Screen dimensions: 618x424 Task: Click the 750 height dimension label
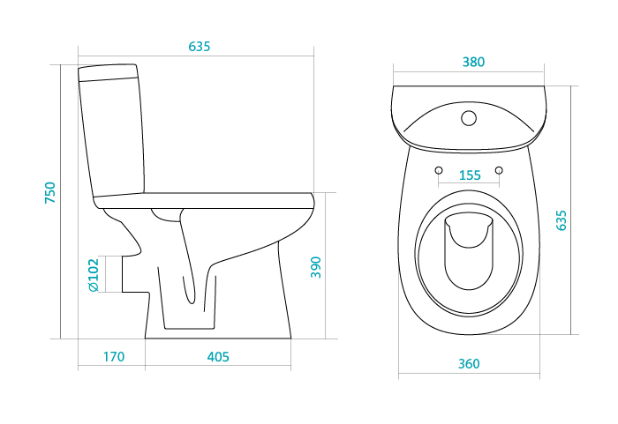50,192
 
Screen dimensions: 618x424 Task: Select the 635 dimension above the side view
199,47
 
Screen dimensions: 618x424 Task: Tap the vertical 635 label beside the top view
561,220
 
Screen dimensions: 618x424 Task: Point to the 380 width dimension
473,62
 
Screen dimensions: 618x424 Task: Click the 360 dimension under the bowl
469,363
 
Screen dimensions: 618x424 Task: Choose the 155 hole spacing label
470,175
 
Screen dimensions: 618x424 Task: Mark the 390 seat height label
316,267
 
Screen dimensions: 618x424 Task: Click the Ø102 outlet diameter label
94,275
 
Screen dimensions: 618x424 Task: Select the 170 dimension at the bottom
114,357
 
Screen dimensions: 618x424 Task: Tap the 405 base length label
218,357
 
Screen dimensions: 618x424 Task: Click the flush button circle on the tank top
469,118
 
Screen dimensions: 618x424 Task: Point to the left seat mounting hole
439,170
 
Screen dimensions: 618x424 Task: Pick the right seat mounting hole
499,170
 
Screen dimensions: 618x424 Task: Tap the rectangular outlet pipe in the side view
135,274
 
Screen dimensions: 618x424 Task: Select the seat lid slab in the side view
204,201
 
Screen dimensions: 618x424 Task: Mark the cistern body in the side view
112,137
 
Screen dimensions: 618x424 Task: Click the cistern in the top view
469,118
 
